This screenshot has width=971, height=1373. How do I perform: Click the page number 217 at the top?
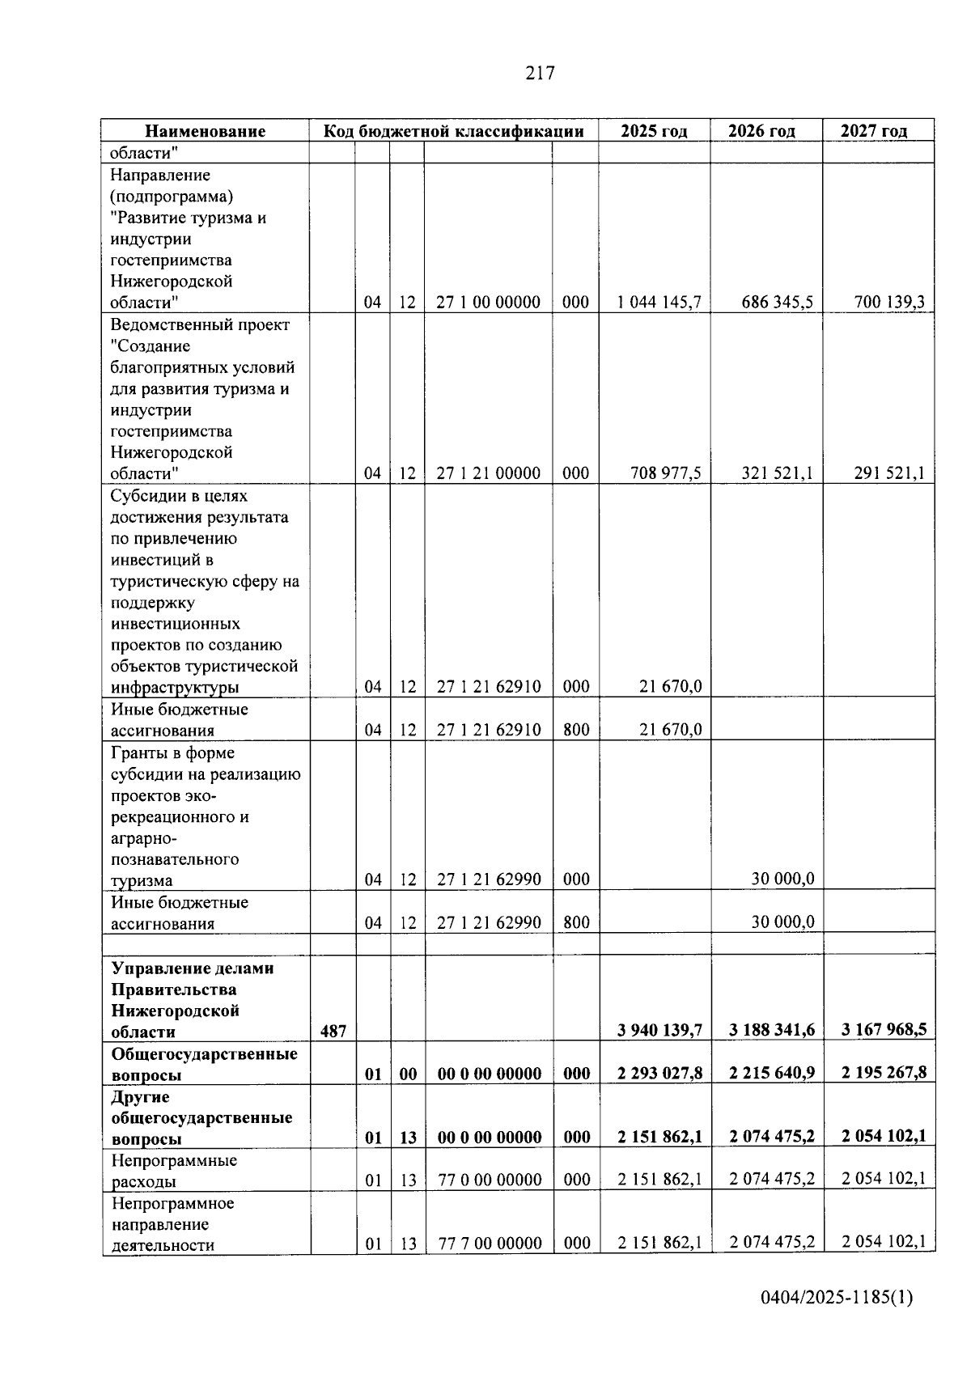click(x=540, y=74)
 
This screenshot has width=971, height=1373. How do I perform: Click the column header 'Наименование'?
click(x=205, y=131)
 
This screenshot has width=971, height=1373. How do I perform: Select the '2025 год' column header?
click(x=654, y=131)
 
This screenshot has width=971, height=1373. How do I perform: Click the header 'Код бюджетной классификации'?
click(x=453, y=131)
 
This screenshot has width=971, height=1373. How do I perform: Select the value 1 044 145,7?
click(x=659, y=303)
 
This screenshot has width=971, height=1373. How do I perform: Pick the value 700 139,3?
click(x=889, y=303)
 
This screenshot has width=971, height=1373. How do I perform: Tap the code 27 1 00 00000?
click(x=488, y=303)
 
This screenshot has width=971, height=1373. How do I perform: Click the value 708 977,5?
click(x=665, y=473)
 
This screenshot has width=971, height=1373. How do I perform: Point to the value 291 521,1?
click(x=889, y=473)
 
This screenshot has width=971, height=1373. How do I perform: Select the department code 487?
click(x=333, y=1032)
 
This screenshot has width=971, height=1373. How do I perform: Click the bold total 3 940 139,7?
click(x=659, y=1031)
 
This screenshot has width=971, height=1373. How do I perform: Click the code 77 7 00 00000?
click(x=490, y=1244)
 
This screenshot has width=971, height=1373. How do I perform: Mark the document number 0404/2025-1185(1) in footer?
click(x=837, y=1299)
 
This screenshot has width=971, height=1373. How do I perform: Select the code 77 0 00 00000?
click(x=490, y=1180)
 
